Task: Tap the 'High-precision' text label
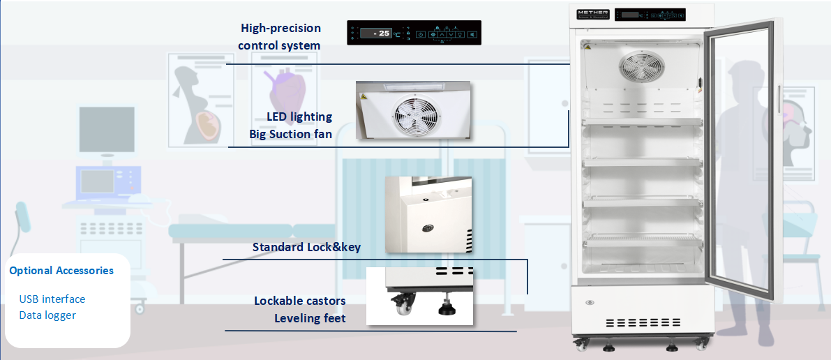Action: pyautogui.click(x=280, y=28)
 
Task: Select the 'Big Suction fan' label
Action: pyautogui.click(x=290, y=134)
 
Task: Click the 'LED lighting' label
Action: pyautogui.click(x=299, y=117)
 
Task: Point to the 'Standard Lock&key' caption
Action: pyautogui.click(x=306, y=247)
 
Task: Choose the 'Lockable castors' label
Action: pyautogui.click(x=299, y=301)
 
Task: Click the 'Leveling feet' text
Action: pyautogui.click(x=310, y=319)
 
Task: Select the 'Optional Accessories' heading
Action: pyautogui.click(x=61, y=271)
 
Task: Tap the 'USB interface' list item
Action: pyautogui.click(x=52, y=299)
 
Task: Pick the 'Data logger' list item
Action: pyautogui.click(x=47, y=315)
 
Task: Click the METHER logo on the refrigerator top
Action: pyautogui.click(x=594, y=13)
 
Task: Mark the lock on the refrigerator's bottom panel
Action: pyautogui.click(x=591, y=303)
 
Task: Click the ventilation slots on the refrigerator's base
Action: pyautogui.click(x=643, y=323)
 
